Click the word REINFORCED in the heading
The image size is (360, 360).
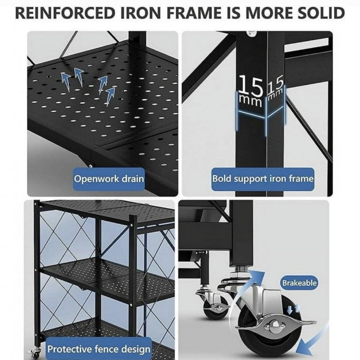(x=65, y=13)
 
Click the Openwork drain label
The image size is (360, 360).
(x=109, y=179)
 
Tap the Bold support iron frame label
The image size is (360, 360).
(x=263, y=179)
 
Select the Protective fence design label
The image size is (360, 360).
(x=99, y=349)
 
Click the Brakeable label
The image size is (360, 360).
(x=299, y=283)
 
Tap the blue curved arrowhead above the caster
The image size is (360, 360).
(x=256, y=276)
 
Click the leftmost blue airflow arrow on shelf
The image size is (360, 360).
(x=65, y=81)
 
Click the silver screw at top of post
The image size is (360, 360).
(x=253, y=33)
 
